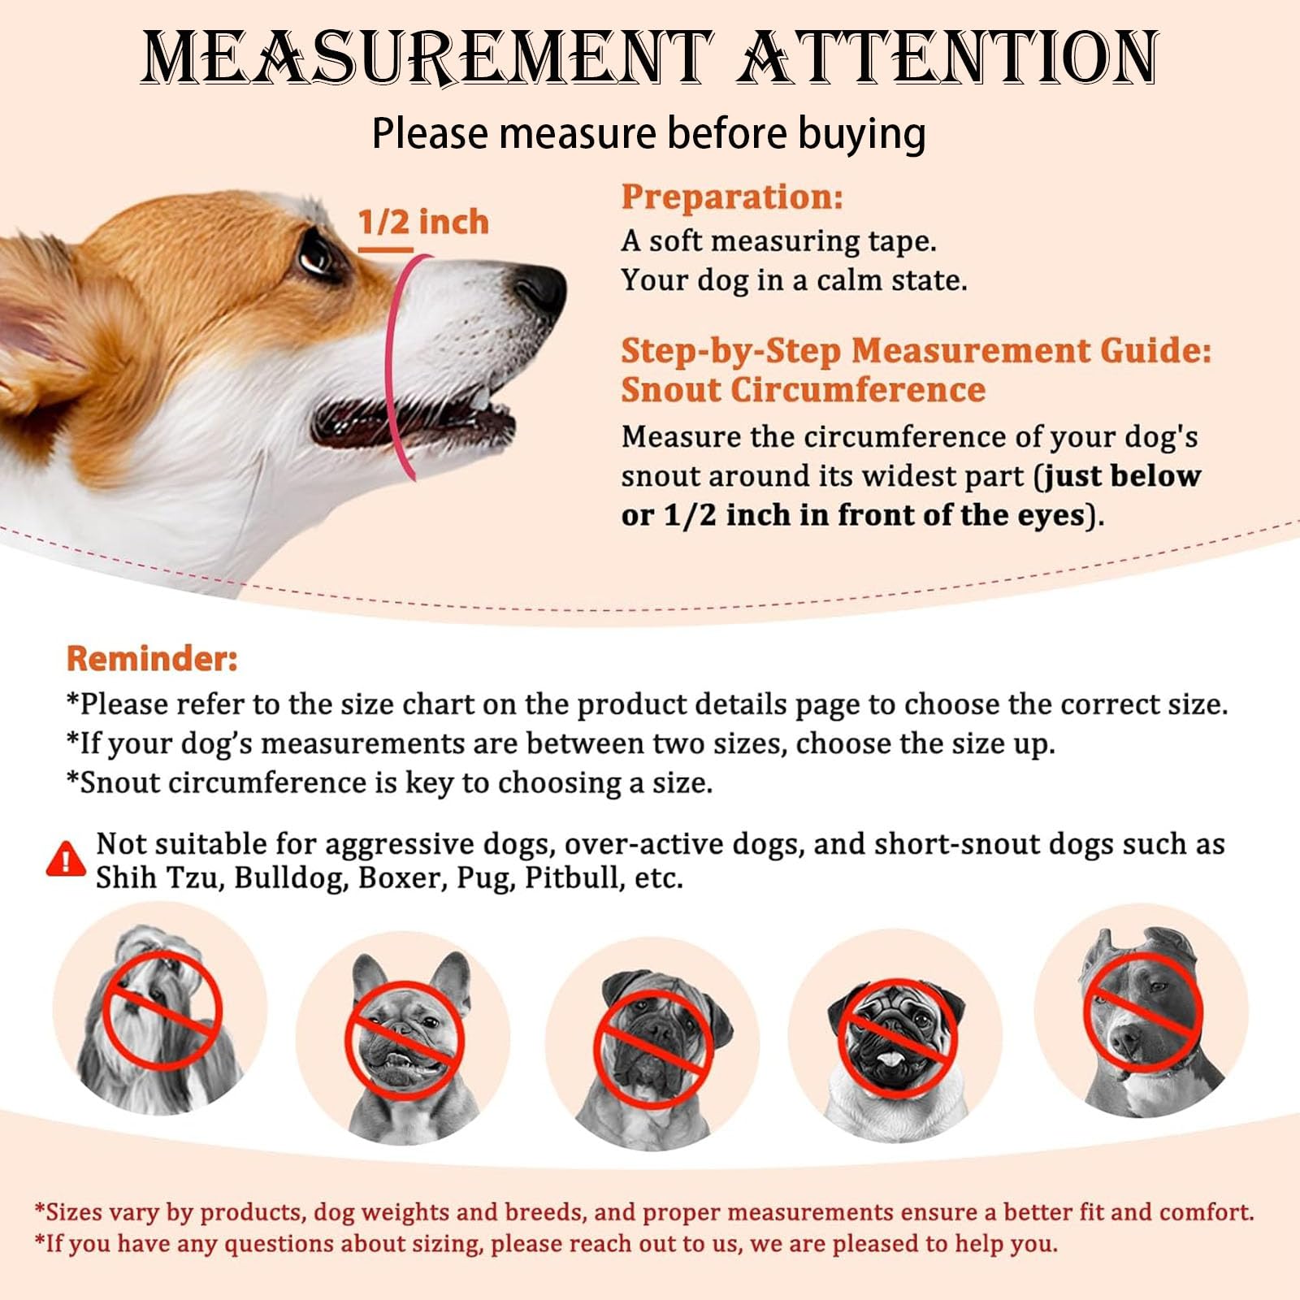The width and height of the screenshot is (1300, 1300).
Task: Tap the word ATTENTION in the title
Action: pyautogui.click(x=947, y=58)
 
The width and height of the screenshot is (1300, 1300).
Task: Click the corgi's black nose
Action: pyautogui.click(x=539, y=288)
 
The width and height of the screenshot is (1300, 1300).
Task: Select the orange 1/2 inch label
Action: pyautogui.click(x=423, y=222)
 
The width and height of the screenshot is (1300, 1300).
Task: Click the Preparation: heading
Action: pyautogui.click(x=732, y=197)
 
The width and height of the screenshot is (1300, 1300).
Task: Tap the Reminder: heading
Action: pyautogui.click(x=152, y=658)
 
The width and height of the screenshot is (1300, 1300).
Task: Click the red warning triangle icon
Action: pyautogui.click(x=66, y=860)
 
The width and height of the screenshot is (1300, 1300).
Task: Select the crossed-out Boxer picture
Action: pyautogui.click(x=652, y=1047)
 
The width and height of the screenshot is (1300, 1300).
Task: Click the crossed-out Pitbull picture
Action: pyautogui.click(x=1141, y=1011)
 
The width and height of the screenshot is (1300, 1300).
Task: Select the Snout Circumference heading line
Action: pyautogui.click(x=804, y=390)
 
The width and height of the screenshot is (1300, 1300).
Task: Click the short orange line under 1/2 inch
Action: pyautogui.click(x=386, y=249)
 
